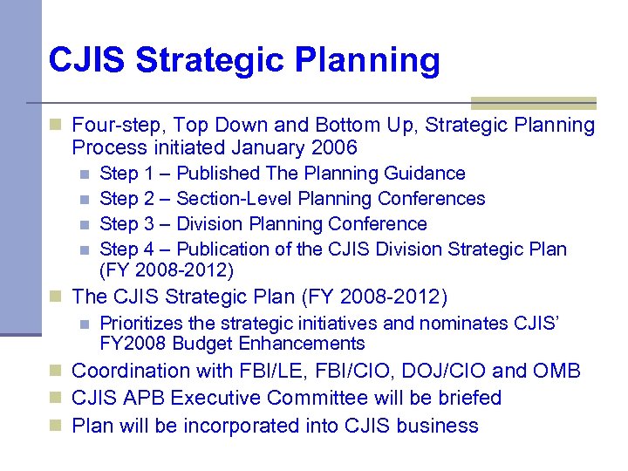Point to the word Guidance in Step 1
(x=425, y=174)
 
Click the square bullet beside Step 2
(x=84, y=200)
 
